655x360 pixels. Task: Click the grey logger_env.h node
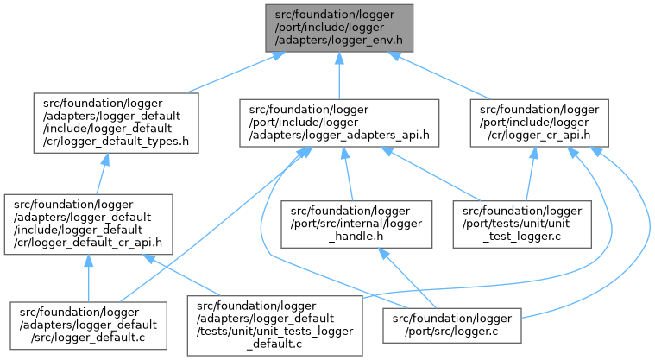[x=339, y=27]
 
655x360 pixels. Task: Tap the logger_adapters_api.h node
[x=339, y=123]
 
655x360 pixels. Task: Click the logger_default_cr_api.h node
[x=87, y=224]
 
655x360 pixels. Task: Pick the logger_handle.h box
[x=350, y=223]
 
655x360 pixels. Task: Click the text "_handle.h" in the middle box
[x=350, y=235]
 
